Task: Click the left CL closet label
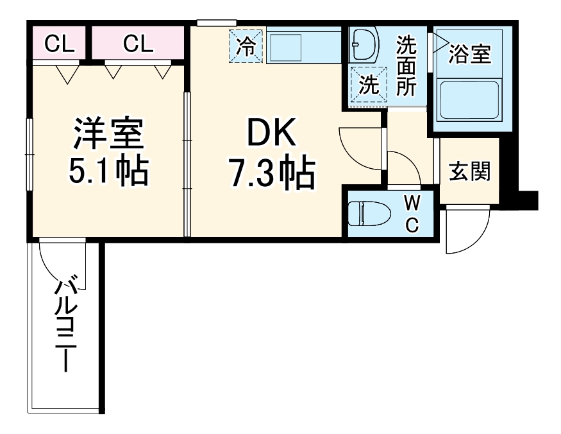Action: [x=59, y=44]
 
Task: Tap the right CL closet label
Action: [x=138, y=44]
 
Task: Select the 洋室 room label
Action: [x=108, y=133]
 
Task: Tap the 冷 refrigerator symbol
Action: [x=247, y=47]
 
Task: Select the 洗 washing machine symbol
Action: [x=368, y=84]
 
